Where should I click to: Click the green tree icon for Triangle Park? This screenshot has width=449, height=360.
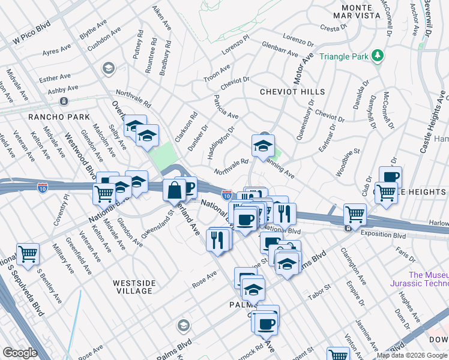[377, 56]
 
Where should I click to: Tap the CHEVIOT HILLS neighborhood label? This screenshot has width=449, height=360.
[292, 92]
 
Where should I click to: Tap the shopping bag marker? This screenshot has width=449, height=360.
[174, 190]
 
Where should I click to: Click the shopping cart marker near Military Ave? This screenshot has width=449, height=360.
[28, 254]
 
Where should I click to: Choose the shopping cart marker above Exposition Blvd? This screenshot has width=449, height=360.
[355, 213]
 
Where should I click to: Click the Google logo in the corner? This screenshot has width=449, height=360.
[20, 353]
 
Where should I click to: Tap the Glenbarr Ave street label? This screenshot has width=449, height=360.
[280, 49]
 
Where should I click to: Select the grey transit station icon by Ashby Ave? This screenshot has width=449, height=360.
[64, 100]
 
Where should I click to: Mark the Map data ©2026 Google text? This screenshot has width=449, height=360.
[412, 355]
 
